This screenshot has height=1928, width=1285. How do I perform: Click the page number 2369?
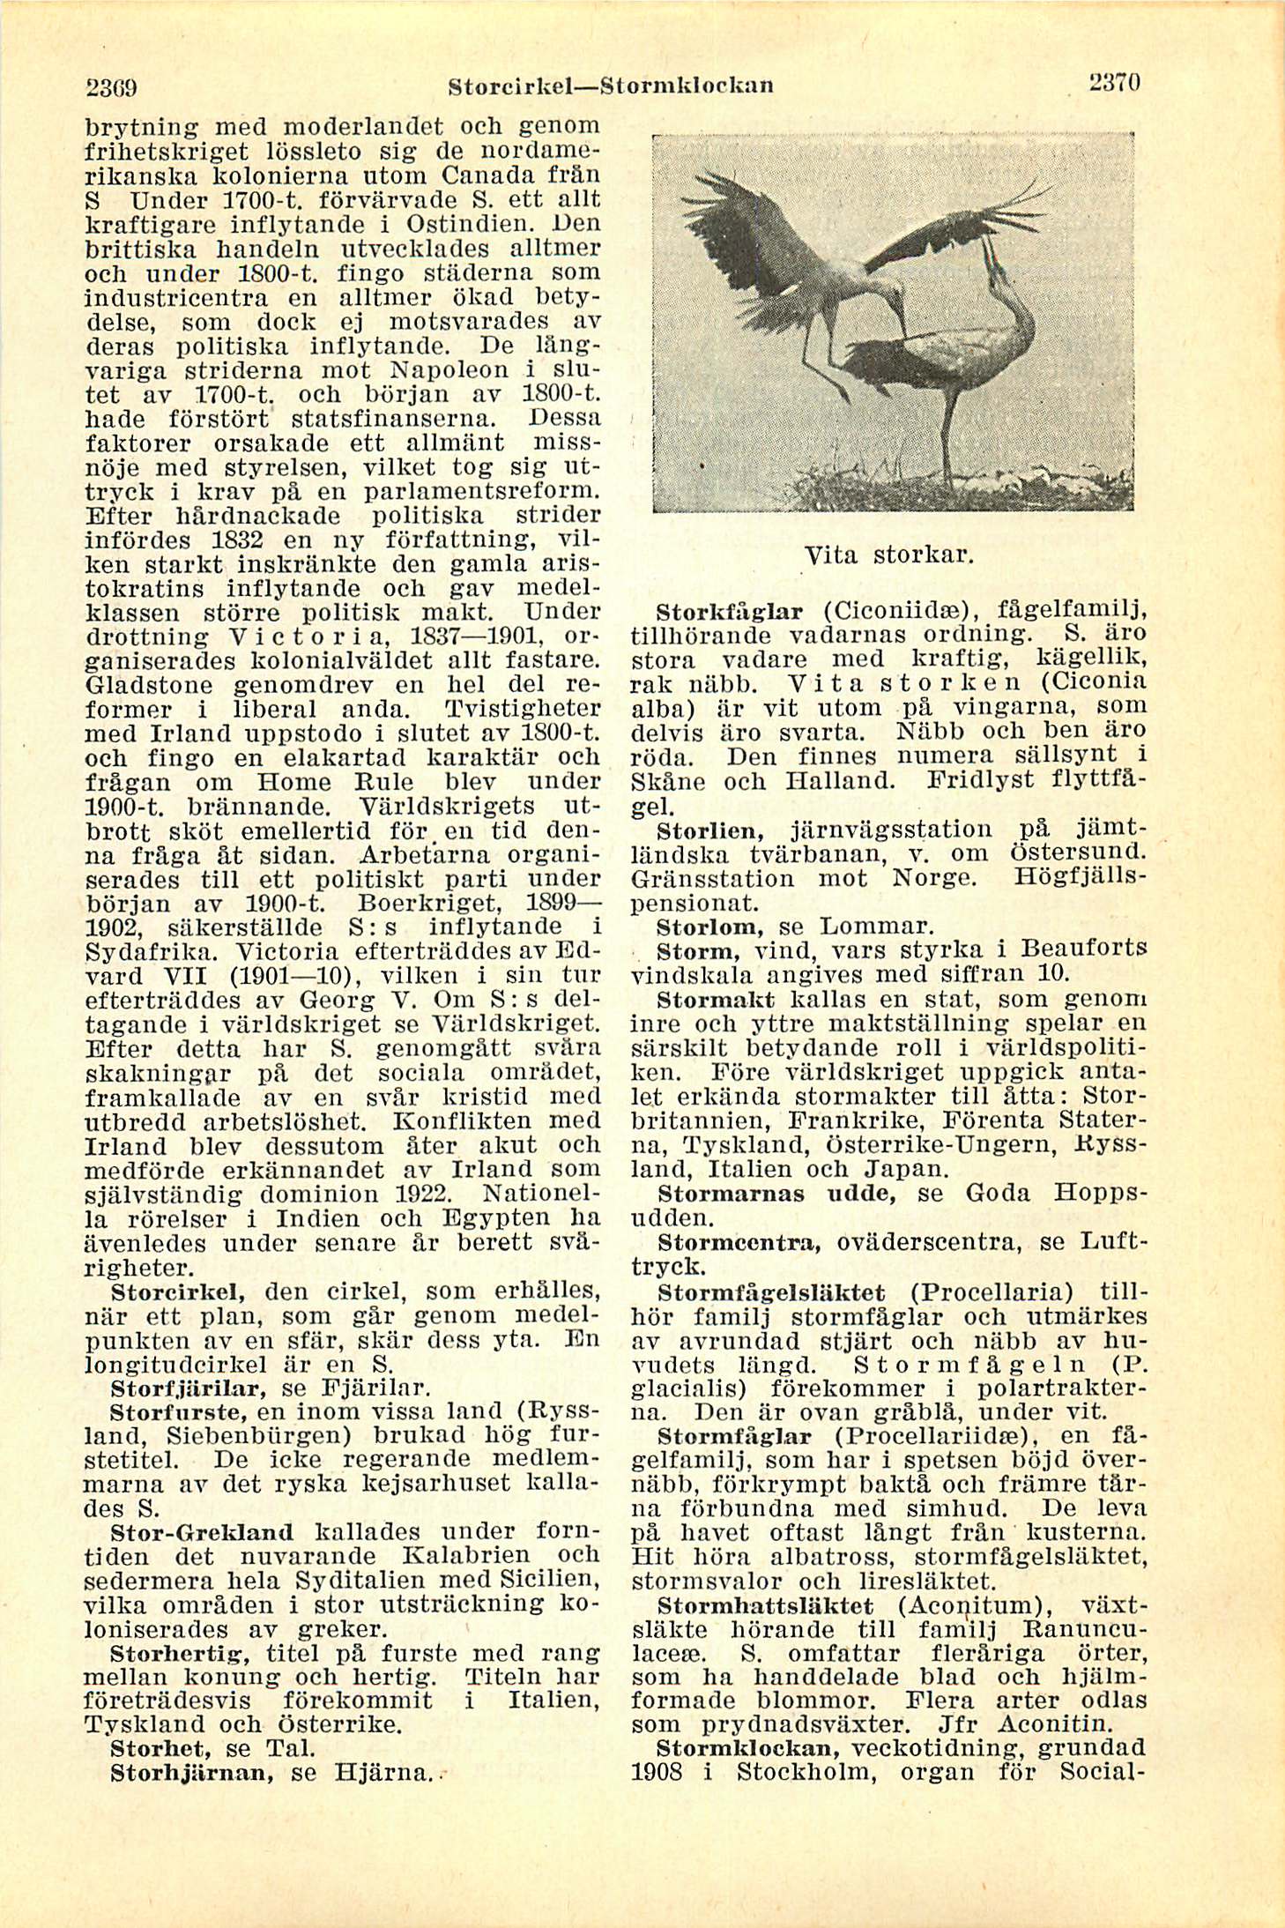click(115, 88)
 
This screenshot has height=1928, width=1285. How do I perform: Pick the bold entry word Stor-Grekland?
click(202, 1532)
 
